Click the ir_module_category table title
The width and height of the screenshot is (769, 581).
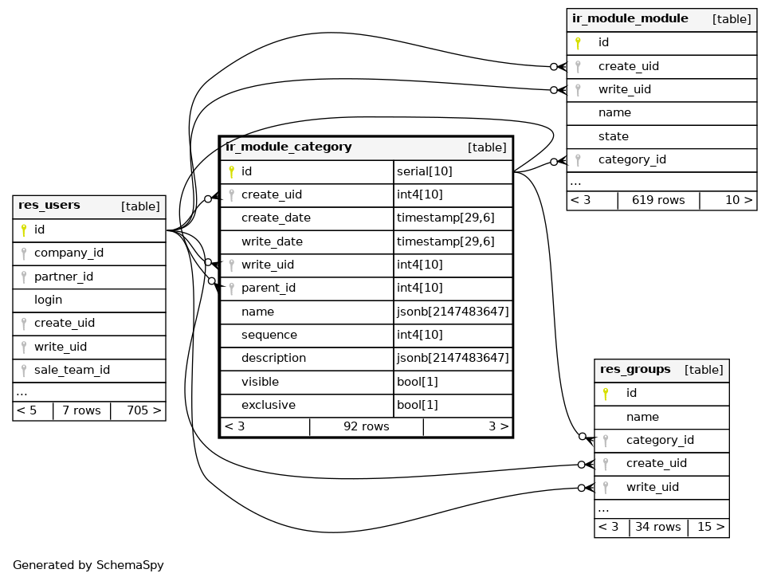(x=288, y=147)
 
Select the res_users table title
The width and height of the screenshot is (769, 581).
(x=49, y=206)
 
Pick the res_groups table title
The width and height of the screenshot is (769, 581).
(x=635, y=370)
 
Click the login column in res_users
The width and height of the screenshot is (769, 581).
(x=49, y=300)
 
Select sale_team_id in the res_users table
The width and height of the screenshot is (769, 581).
(x=72, y=370)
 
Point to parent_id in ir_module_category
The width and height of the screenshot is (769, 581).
(x=269, y=289)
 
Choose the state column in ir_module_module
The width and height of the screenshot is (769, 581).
(x=614, y=137)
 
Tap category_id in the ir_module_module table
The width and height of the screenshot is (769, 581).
(x=632, y=160)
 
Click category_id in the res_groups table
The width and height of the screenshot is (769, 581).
(x=660, y=441)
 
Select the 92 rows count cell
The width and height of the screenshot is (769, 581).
(x=366, y=427)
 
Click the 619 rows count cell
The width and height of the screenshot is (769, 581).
(x=658, y=201)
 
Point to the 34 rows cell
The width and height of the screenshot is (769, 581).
(x=658, y=528)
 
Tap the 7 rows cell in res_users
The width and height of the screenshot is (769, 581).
(x=81, y=411)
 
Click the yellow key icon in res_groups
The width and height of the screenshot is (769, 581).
(x=606, y=394)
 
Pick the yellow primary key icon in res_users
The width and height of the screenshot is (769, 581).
(x=24, y=230)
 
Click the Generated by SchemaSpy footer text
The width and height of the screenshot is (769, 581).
(x=88, y=566)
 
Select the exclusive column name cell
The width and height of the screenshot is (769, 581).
(x=269, y=406)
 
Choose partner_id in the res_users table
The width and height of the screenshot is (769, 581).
(x=64, y=277)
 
